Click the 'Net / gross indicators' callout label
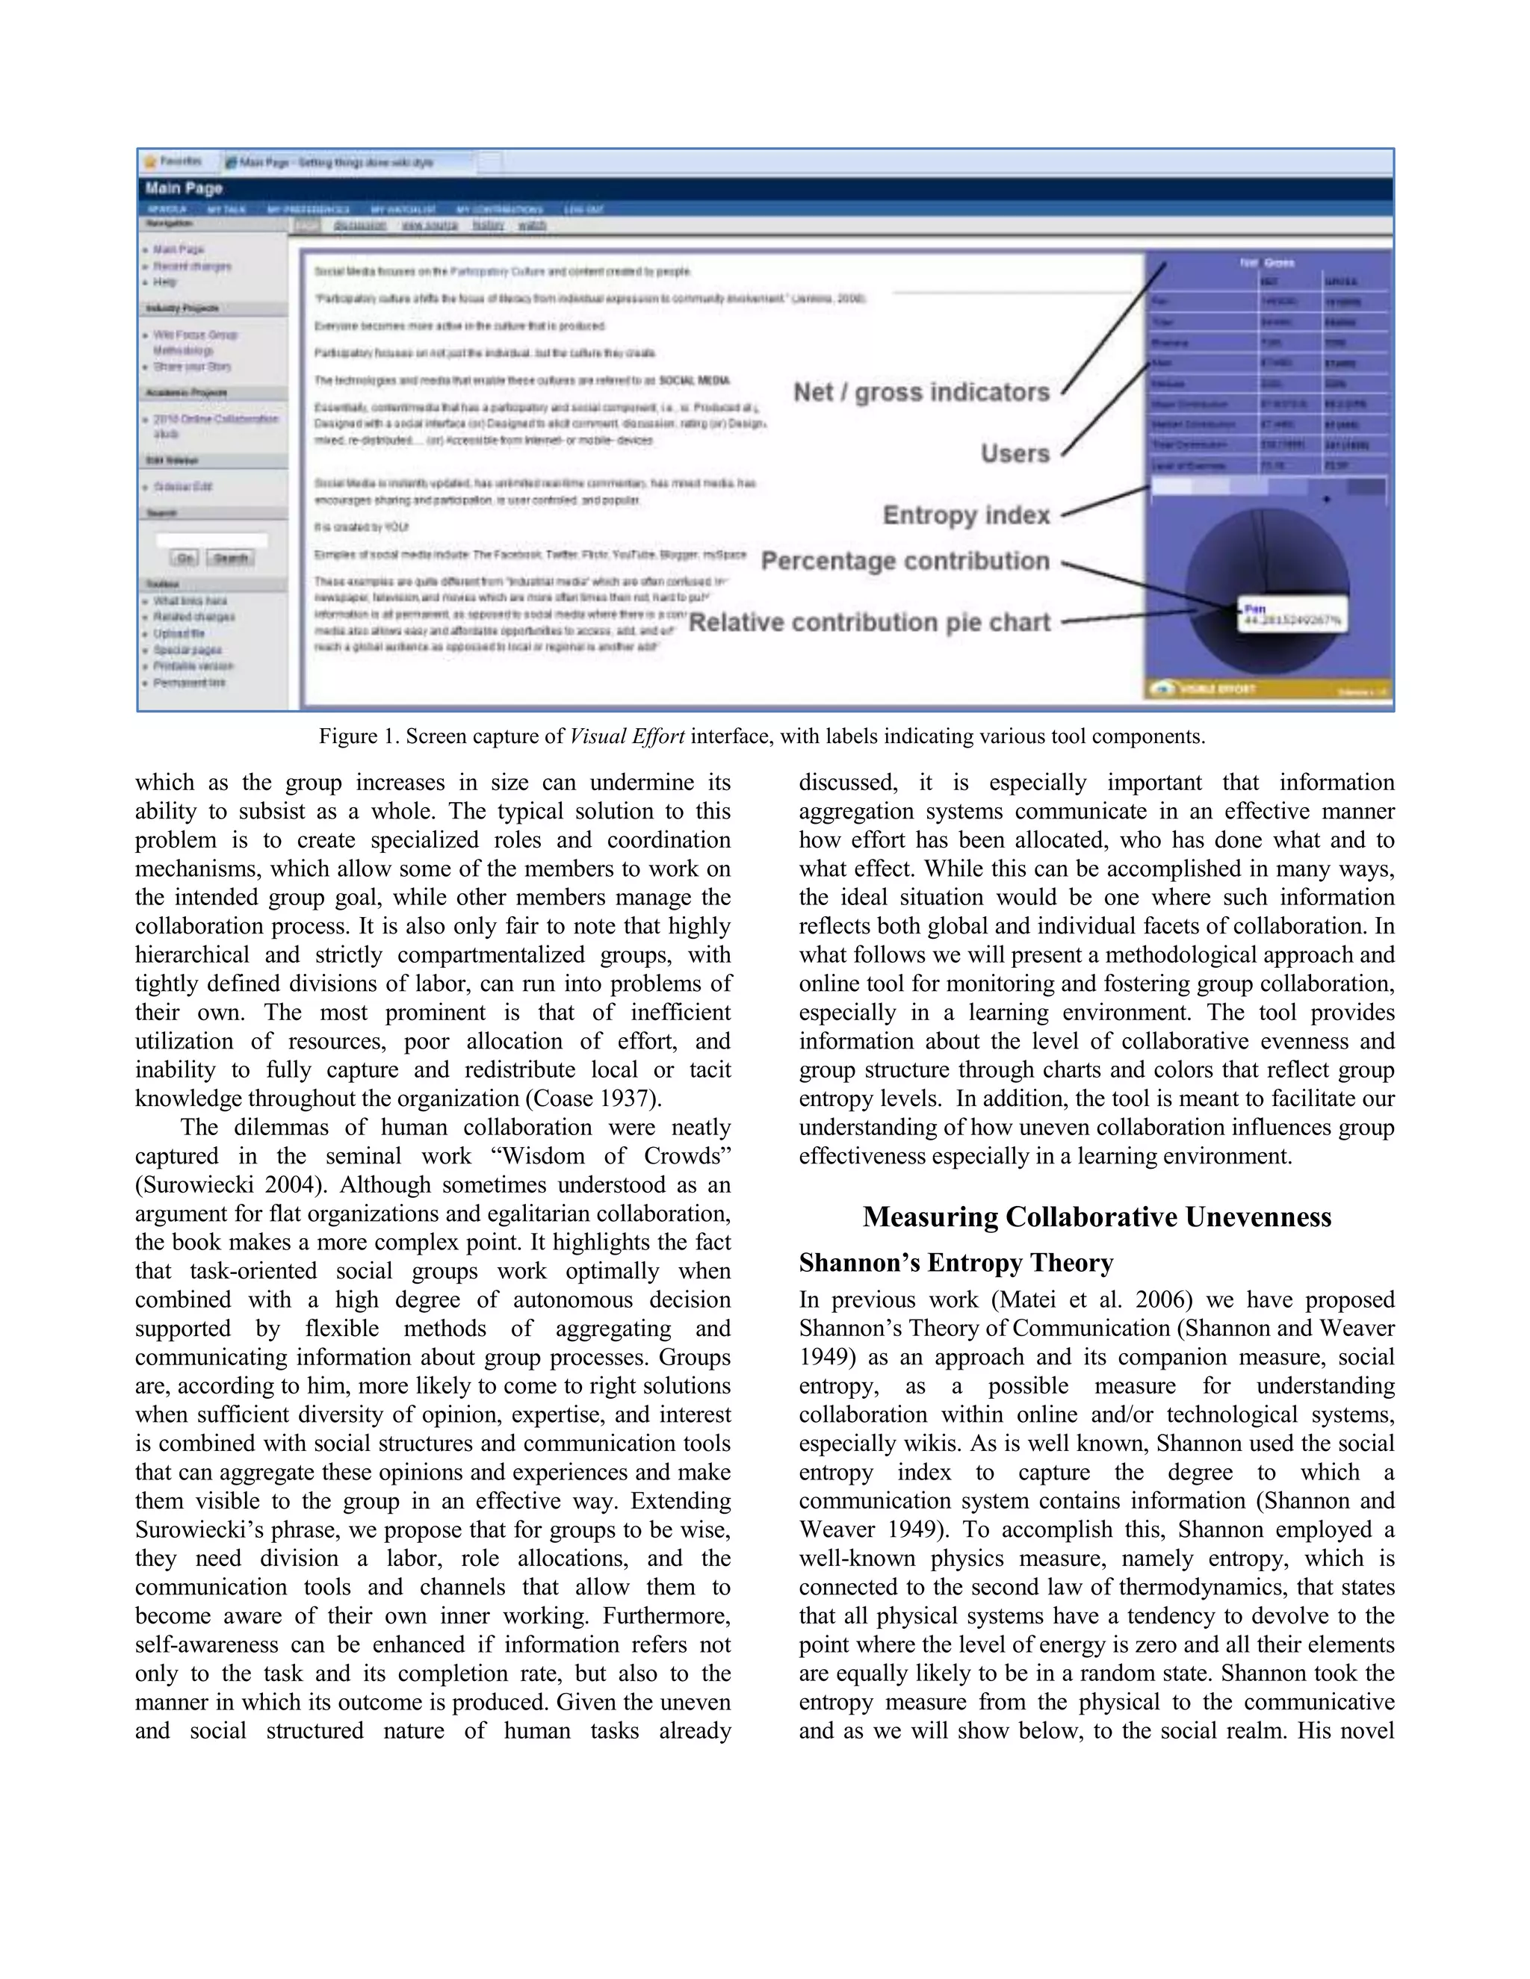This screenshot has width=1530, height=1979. (921, 392)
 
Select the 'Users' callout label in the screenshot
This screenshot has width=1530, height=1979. (1015, 453)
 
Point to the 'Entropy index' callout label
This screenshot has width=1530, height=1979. (965, 515)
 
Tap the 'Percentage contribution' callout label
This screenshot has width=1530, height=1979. (905, 561)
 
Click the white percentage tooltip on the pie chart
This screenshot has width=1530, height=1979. (1292, 615)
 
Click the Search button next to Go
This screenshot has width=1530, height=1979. (230, 558)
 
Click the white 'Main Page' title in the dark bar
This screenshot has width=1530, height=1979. (184, 188)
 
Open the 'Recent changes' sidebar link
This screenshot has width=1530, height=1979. (191, 267)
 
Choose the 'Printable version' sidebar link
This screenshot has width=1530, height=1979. (192, 666)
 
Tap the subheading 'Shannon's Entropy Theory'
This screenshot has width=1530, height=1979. (956, 1263)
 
